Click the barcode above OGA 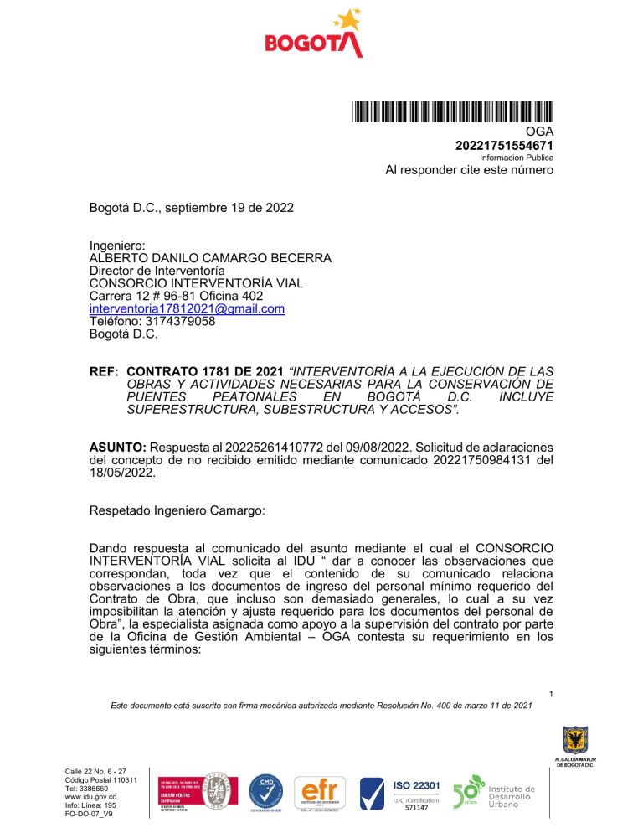click(x=452, y=111)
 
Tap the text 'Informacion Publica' click(x=516, y=158)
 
